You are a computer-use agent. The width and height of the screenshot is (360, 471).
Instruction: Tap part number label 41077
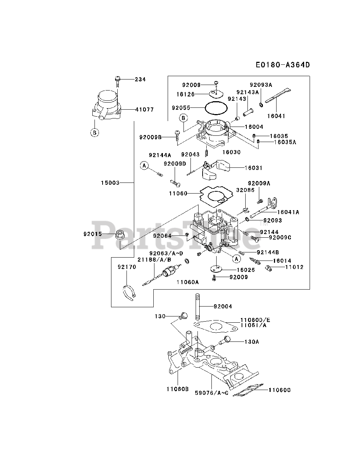tap(144, 110)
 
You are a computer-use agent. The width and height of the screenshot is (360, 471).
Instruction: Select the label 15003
tap(111, 183)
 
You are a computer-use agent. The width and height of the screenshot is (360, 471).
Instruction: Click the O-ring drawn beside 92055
tap(216, 108)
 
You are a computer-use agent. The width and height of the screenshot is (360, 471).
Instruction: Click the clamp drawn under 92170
tap(129, 292)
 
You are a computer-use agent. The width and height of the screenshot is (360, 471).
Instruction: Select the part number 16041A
tap(288, 212)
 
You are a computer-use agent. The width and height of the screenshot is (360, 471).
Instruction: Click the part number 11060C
tap(279, 390)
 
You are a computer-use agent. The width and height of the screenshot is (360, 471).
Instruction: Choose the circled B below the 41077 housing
tap(95, 133)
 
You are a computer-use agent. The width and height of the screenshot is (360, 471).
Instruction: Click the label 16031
tap(254, 168)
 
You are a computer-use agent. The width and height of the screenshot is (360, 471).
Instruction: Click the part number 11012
tap(294, 267)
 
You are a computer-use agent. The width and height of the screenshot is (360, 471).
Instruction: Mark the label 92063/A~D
tap(166, 253)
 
